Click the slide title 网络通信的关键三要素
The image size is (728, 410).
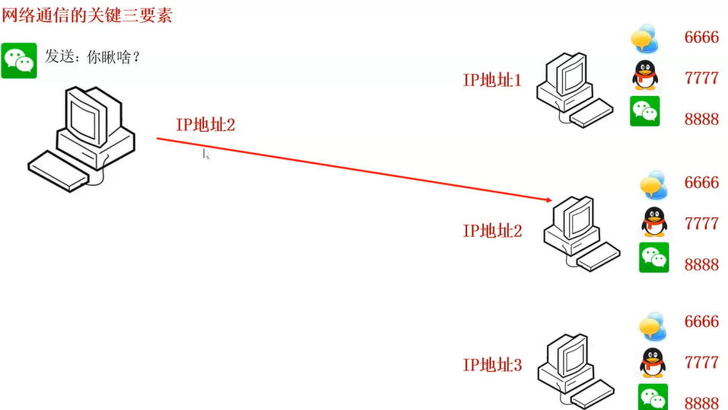point(87,14)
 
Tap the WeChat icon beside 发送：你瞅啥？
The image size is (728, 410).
point(19,61)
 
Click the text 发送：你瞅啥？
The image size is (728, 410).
point(94,57)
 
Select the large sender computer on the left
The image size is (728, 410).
point(82,137)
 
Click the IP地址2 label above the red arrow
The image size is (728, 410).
point(205,125)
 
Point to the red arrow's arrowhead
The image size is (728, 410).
point(548,200)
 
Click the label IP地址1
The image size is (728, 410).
point(492,79)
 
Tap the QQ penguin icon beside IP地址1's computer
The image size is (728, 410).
point(644,76)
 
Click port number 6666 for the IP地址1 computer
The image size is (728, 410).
point(701,37)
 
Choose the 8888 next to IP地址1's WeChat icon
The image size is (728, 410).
point(701,119)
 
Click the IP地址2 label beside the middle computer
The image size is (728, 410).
point(492,230)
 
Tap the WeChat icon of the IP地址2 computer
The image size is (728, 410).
point(653,258)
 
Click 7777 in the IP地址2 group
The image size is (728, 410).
point(701,223)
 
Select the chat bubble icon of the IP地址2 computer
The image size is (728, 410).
point(653,184)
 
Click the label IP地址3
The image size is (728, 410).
point(492,365)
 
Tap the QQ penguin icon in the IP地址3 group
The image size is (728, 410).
point(652,363)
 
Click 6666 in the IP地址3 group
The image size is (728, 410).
point(701,322)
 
